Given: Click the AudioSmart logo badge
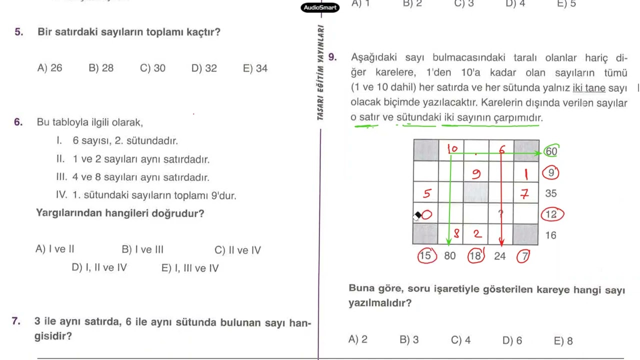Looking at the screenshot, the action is coord(320,7).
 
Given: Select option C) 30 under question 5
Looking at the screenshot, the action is coord(152,68).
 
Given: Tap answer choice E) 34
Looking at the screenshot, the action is coord(255,68).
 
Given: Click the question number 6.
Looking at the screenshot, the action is coord(18,122).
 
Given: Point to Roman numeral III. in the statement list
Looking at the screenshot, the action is coord(61,177).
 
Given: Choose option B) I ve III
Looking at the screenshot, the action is coord(142,249).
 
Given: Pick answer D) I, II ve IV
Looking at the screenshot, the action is coord(99,267).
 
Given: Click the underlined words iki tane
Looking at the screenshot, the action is coord(589,87).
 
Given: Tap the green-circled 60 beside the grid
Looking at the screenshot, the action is coord(551,151).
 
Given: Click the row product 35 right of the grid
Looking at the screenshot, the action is coord(551,193).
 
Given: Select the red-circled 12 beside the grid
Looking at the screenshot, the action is coord(552,214).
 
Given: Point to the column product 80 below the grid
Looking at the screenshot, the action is coord(449,255).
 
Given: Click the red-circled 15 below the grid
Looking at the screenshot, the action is coord(427,255).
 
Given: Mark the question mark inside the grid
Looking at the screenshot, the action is coord(500,213).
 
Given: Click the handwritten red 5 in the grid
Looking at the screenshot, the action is coord(427,193).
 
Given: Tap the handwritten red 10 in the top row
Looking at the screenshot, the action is coord(452,149).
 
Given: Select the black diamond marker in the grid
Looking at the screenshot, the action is coord(418,214).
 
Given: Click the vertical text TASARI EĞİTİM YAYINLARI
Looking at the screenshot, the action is coord(320,72).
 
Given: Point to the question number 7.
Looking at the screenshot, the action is coord(16,321).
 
